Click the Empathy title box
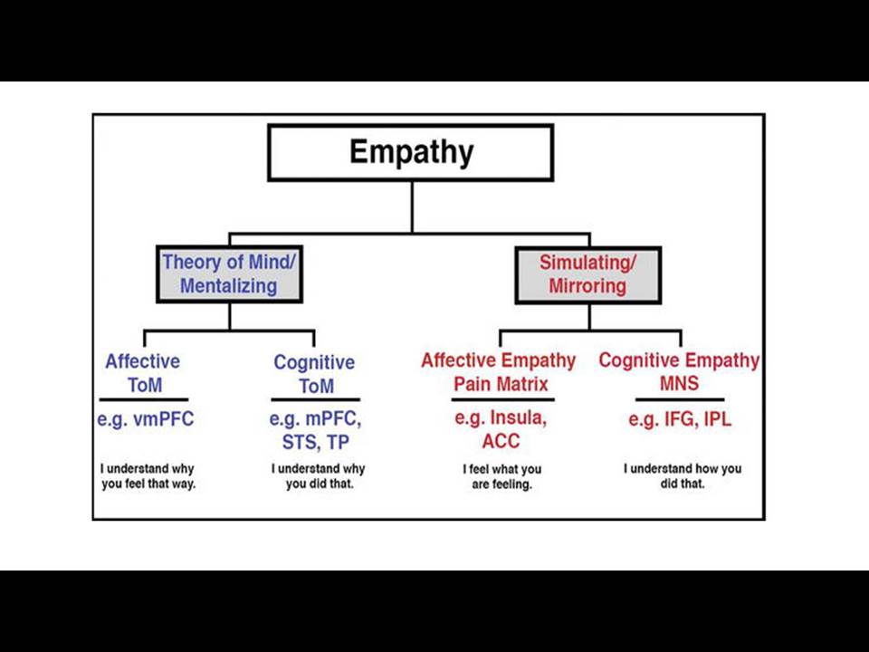(x=411, y=152)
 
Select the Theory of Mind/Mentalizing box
(x=229, y=273)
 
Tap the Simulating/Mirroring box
(x=588, y=275)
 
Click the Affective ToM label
(x=144, y=373)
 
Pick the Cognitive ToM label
(x=315, y=374)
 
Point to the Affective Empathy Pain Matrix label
(x=499, y=372)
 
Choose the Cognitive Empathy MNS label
(x=679, y=371)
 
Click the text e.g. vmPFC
(x=146, y=419)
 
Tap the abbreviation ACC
(x=501, y=441)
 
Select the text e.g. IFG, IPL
(x=680, y=419)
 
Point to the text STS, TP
(x=316, y=443)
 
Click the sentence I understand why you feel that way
(x=148, y=476)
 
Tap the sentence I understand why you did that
(x=319, y=476)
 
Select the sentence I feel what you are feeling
(x=502, y=477)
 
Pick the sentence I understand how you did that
(x=683, y=476)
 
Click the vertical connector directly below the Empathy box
(x=412, y=206)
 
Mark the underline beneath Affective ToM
(x=144, y=399)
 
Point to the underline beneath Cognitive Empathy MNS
(x=680, y=399)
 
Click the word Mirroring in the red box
(x=587, y=287)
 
